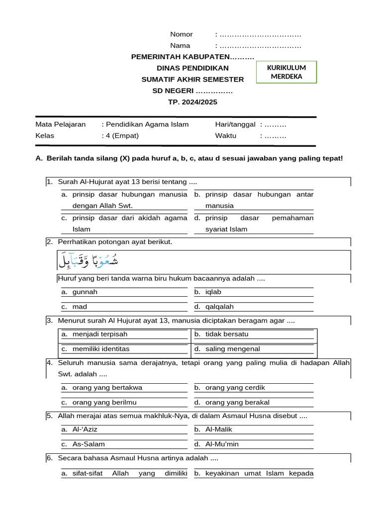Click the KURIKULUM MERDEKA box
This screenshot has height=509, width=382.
286,72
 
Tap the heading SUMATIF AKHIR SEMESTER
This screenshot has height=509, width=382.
192,80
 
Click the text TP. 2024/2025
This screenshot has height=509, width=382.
192,102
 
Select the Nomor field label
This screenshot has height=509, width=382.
181,34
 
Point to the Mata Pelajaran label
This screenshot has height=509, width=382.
60,124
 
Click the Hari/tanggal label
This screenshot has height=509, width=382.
235,124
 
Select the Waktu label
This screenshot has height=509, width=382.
225,135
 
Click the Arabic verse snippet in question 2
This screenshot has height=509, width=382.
89,260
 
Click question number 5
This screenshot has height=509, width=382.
49,415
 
